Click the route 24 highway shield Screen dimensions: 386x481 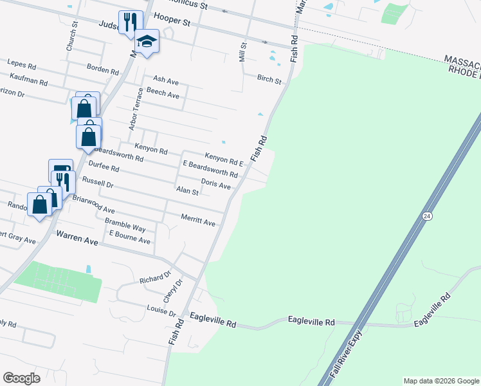coord(427,216)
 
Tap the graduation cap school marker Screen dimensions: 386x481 coord(147,42)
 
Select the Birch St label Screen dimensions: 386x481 coord(269,80)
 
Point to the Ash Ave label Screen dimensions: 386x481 coord(165,80)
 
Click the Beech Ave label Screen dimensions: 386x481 coord(163,94)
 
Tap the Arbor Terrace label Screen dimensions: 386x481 coord(135,109)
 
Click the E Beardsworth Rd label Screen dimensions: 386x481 coord(210,169)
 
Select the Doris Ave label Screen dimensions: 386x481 coord(215,185)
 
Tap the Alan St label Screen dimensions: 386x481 coord(187,191)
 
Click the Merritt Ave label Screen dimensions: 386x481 coord(198,220)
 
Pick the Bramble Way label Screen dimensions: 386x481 coord(125,226)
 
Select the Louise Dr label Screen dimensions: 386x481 coord(160,311)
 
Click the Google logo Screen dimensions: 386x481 coord(21,378)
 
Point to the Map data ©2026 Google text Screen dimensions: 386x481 coord(441,381)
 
